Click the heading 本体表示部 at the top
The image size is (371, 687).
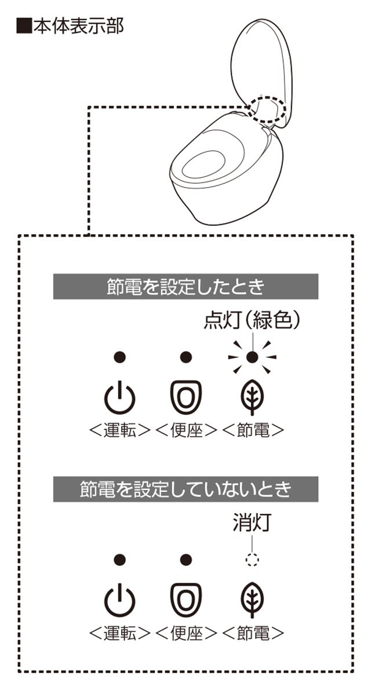pyautogui.click(x=70, y=27)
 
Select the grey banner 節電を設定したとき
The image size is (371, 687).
pyautogui.click(x=185, y=287)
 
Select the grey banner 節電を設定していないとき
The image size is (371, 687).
pyautogui.click(x=185, y=489)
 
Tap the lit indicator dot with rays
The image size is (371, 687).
pyautogui.click(x=252, y=357)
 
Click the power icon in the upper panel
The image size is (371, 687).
pyautogui.click(x=119, y=399)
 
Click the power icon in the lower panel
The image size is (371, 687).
pyautogui.click(x=119, y=601)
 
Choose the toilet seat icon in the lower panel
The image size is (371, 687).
pyautogui.click(x=186, y=600)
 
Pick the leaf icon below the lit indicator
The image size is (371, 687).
pyautogui.click(x=252, y=397)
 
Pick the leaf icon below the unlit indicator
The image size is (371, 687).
pyautogui.click(x=252, y=600)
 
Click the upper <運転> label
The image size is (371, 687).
pyautogui.click(x=120, y=430)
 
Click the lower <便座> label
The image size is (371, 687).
pyautogui.click(x=187, y=633)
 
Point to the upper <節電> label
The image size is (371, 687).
pyautogui.click(x=253, y=430)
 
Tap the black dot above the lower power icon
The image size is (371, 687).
pyautogui.click(x=119, y=560)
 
